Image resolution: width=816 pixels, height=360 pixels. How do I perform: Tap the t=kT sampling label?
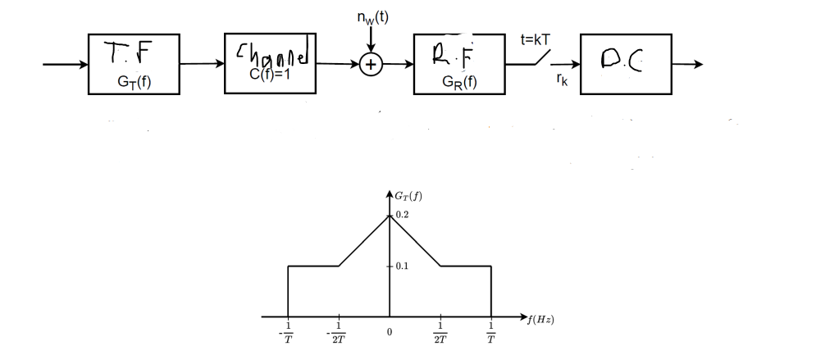pos(536,39)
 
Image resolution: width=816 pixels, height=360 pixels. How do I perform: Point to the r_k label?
pos(561,81)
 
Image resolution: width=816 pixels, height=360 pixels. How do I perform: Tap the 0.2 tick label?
pos(401,214)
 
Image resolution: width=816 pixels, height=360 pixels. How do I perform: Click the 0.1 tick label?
pos(401,267)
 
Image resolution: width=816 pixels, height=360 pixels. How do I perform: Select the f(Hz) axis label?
pos(540,320)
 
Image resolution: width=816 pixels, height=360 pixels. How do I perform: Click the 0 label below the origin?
pos(390,332)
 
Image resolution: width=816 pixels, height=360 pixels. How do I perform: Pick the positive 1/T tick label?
pos(490,335)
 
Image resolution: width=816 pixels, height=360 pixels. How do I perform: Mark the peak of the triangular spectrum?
pos(390,215)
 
